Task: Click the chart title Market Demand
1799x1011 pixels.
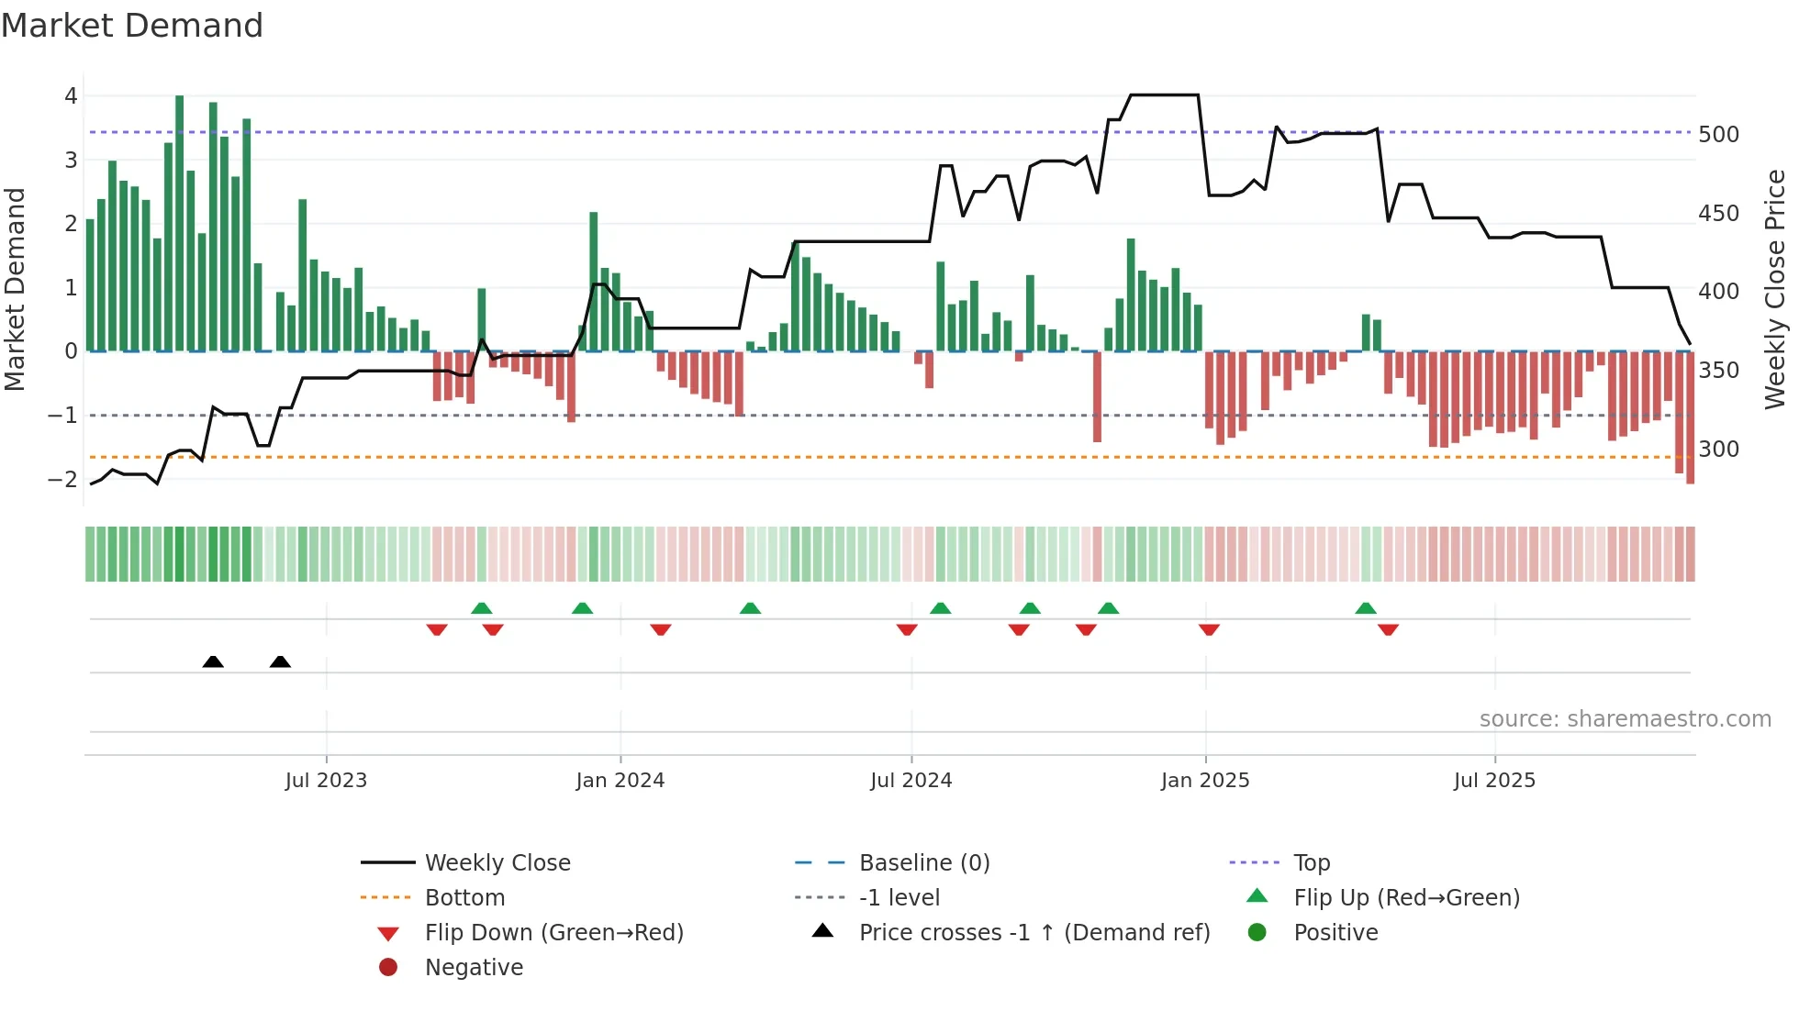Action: coord(132,26)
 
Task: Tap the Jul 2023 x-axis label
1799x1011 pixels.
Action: coord(326,781)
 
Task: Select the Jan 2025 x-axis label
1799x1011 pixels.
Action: coord(1204,781)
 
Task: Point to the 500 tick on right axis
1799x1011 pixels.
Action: coord(1718,135)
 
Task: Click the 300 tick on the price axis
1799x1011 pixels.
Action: coord(1718,450)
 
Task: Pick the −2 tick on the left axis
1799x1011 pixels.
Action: coord(62,479)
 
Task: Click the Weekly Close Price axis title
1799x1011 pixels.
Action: coord(1775,289)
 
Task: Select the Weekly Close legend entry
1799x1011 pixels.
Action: coord(497,863)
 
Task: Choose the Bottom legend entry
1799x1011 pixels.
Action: coord(464,898)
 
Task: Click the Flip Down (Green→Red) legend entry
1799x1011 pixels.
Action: coord(553,933)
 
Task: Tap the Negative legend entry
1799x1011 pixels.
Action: coord(474,968)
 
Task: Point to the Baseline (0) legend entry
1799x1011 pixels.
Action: coord(923,863)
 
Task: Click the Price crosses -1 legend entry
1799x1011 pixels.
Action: coord(1034,933)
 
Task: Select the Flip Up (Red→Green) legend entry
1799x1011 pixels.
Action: coord(1406,898)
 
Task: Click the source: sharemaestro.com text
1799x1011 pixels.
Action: coord(1625,719)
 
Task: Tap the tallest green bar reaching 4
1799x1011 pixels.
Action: coord(180,220)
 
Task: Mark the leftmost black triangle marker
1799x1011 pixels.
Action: coord(213,661)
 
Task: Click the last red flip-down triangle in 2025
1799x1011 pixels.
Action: coord(1388,629)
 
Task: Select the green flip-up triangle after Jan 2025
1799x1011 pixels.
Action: coord(1366,608)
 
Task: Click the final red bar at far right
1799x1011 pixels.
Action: coord(1690,417)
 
